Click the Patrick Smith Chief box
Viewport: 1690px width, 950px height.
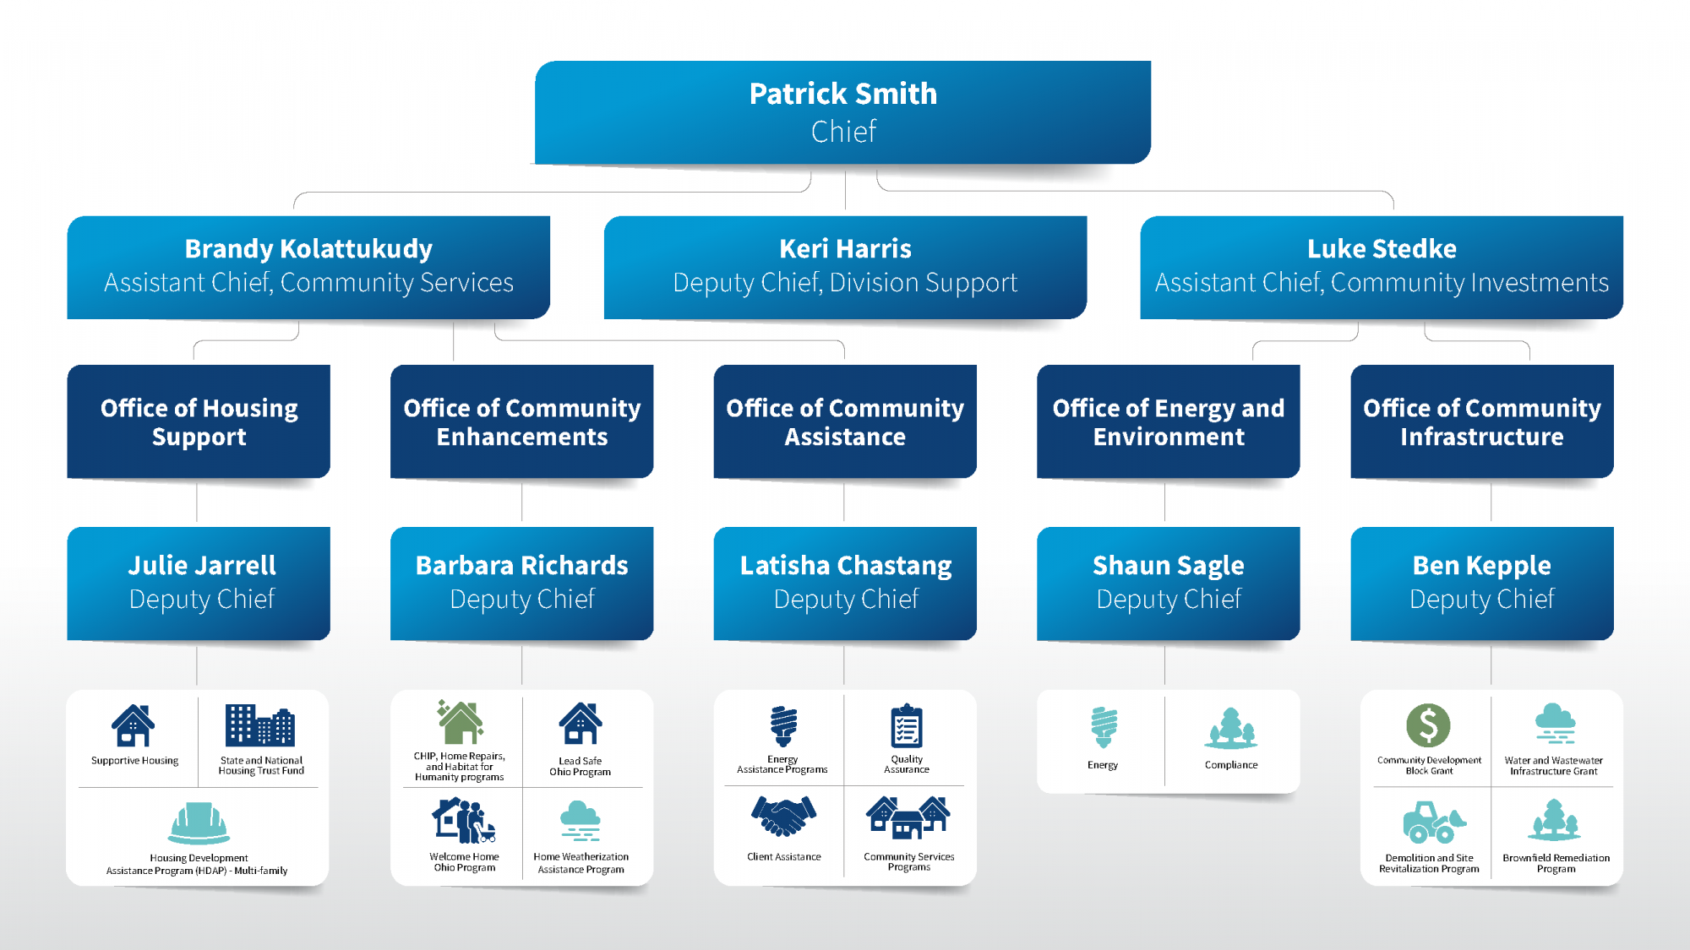pyautogui.click(x=842, y=112)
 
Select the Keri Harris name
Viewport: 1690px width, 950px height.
pyautogui.click(x=845, y=248)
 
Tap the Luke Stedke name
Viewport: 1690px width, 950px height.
pyautogui.click(x=1382, y=248)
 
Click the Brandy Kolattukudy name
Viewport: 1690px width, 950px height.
pyautogui.click(x=308, y=249)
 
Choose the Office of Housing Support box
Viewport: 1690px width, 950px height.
pyautogui.click(x=199, y=421)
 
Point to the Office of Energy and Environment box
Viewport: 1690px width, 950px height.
pyautogui.click(x=1168, y=421)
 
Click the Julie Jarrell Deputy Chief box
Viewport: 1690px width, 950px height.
pyautogui.click(x=199, y=584)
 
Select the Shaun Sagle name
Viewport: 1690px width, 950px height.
pyautogui.click(x=1168, y=565)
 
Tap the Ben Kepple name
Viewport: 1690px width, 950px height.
pyautogui.click(x=1481, y=565)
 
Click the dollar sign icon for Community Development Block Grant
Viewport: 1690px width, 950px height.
pyautogui.click(x=1428, y=725)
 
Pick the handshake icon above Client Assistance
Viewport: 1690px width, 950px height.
pyautogui.click(x=783, y=817)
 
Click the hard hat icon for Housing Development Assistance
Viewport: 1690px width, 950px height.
pyautogui.click(x=199, y=823)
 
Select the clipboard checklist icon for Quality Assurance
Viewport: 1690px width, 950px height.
pyautogui.click(x=907, y=726)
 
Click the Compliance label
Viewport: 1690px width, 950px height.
pyautogui.click(x=1231, y=765)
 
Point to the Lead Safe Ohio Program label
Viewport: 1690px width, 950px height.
pyautogui.click(x=580, y=767)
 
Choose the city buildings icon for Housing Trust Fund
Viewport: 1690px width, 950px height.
pyautogui.click(x=260, y=725)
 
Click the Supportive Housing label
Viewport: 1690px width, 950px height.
pyautogui.click(x=135, y=761)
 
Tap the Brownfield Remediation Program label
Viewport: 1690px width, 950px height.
pyautogui.click(x=1556, y=863)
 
